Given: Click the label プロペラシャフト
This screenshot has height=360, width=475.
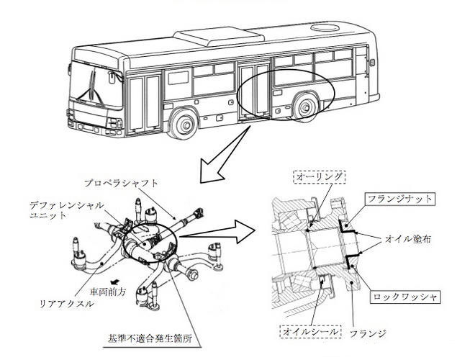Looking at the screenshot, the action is tap(121, 184).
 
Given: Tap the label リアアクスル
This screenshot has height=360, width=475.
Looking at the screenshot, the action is tap(67, 304).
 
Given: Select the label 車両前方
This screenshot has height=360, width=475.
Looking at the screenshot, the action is tap(108, 292).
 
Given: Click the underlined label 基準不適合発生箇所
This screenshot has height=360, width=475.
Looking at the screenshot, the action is tap(150, 338).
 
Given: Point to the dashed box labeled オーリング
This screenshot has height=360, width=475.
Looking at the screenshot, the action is tap(320, 177).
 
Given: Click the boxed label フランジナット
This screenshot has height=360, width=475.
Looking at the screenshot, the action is tap(400, 199).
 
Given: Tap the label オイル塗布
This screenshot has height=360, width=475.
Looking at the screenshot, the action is tap(407, 239).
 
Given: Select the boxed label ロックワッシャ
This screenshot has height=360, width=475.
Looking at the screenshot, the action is tap(405, 297).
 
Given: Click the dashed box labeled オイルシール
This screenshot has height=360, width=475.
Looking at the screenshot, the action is tap(310, 331).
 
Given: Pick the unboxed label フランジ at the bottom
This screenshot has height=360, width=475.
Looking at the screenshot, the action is tap(368, 333).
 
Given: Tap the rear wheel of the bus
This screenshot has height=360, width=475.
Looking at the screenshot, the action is tap(307, 107).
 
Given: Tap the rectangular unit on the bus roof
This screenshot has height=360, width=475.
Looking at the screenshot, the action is tap(219, 37).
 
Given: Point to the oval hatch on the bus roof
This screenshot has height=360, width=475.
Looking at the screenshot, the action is tap(325, 27).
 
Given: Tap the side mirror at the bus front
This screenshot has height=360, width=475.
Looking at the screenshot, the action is tap(112, 77).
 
